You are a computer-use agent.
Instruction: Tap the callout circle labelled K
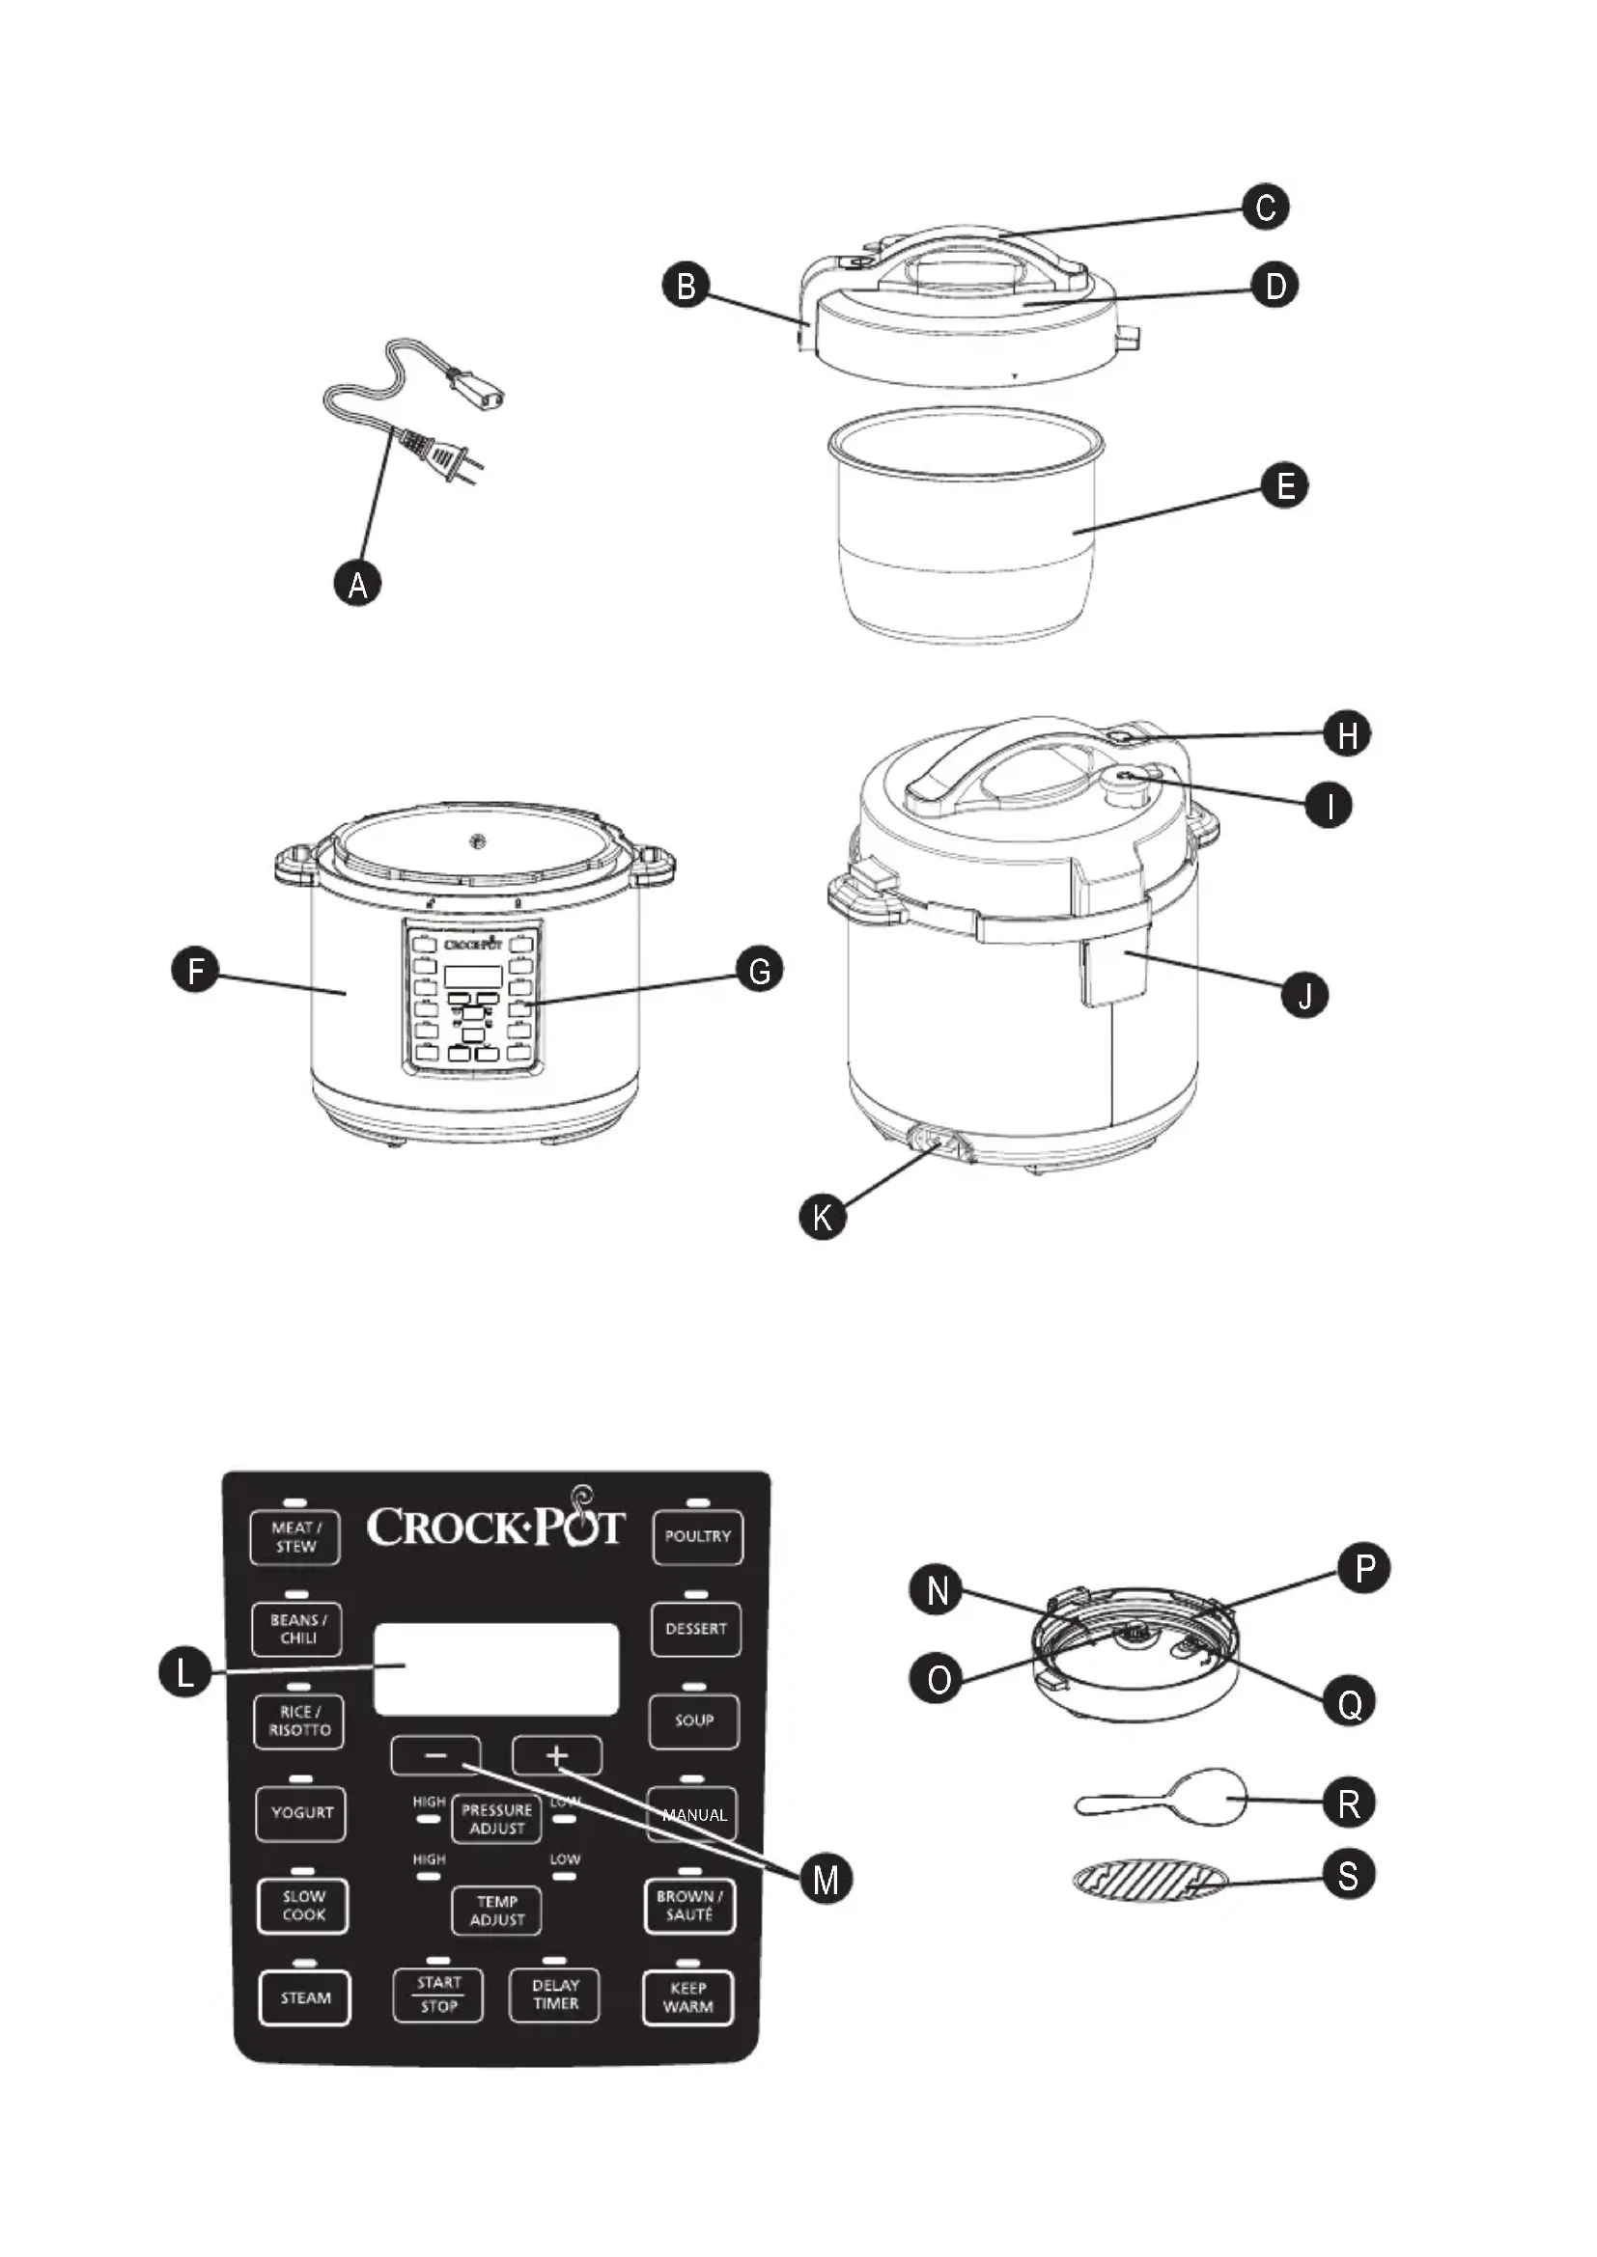[x=822, y=1216]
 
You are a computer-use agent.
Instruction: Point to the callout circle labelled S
[x=1347, y=1875]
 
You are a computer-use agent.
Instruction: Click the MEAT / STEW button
[x=295, y=1537]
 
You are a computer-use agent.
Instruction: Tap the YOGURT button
[x=301, y=1813]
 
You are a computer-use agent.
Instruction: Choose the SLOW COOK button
[x=303, y=1906]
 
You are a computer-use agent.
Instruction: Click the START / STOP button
[x=437, y=1995]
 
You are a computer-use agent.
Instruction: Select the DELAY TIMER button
[x=554, y=1995]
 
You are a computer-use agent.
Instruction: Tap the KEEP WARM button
[x=687, y=1997]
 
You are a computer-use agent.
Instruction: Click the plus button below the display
[x=556, y=1755]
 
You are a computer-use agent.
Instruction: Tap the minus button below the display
[x=435, y=1755]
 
